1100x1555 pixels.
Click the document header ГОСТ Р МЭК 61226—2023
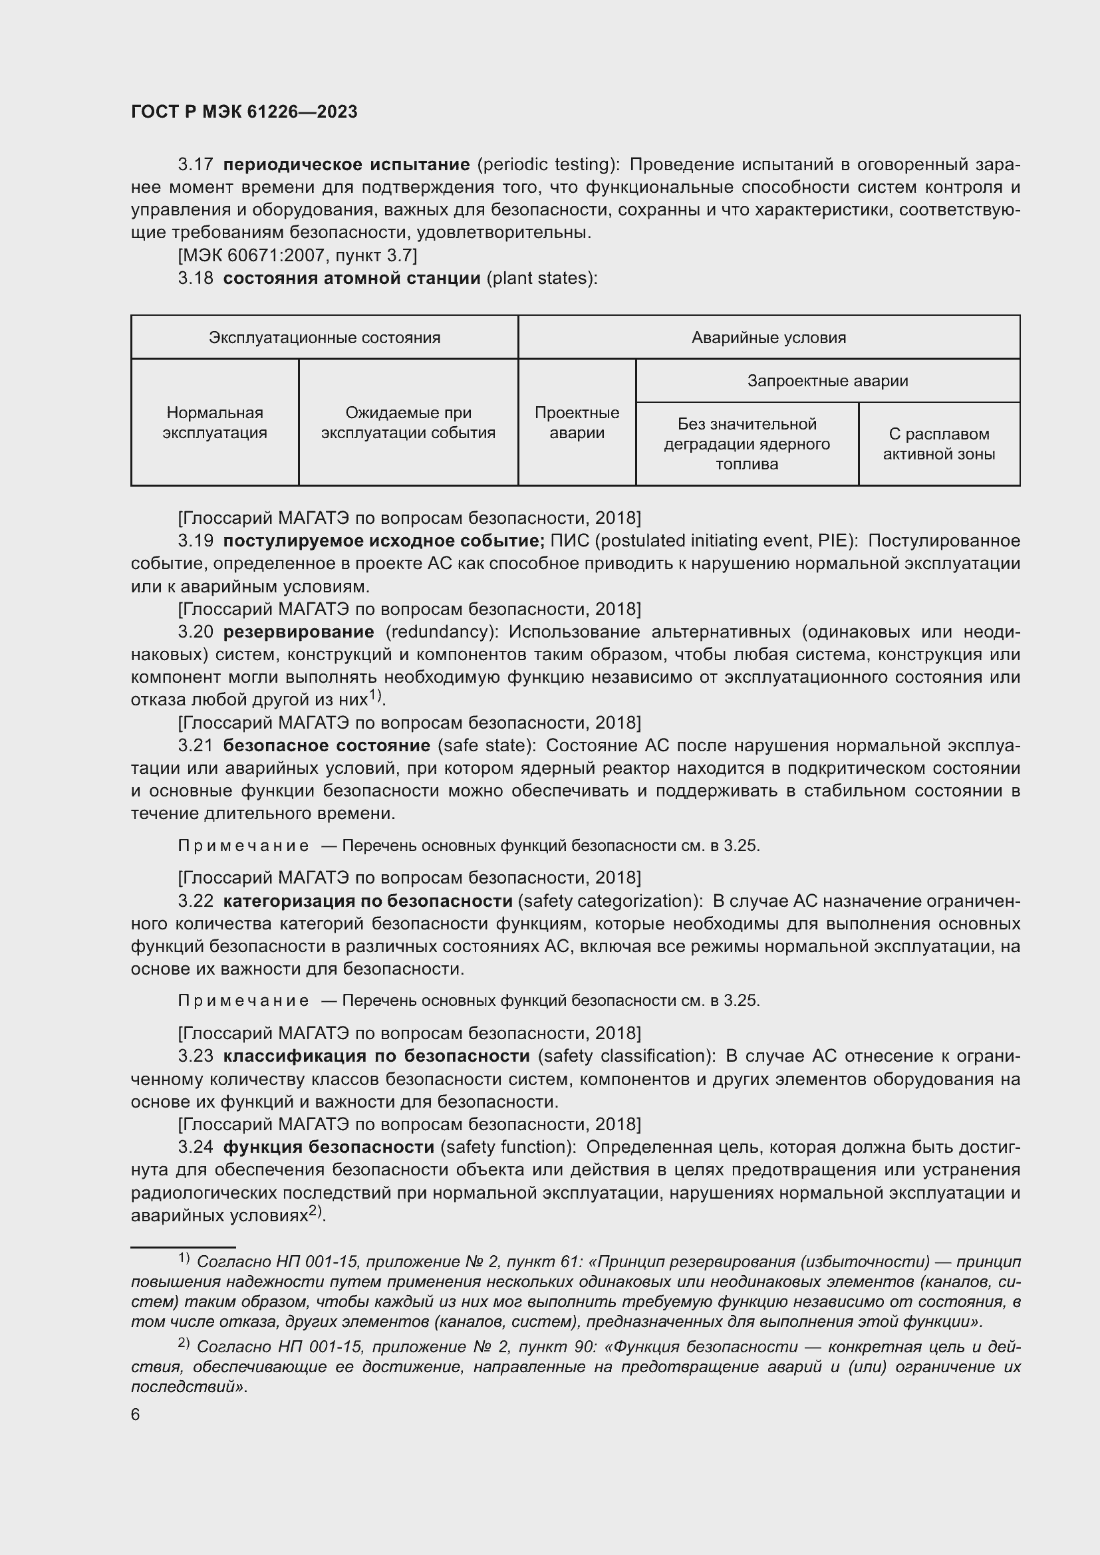coord(244,112)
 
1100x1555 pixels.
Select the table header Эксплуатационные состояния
coord(325,337)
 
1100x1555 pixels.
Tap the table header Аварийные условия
coord(768,337)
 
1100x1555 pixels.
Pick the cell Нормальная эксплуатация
coord(215,423)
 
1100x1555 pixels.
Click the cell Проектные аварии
coord(577,423)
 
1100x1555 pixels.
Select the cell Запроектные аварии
coord(827,381)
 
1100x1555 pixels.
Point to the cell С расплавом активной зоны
coord(938,444)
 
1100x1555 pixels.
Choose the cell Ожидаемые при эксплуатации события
coord(408,423)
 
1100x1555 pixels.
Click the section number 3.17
coord(195,165)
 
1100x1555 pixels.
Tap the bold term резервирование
coord(298,632)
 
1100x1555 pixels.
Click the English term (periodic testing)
coord(547,165)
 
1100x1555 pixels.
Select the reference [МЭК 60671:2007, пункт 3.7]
coord(297,255)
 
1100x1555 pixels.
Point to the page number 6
coord(136,1415)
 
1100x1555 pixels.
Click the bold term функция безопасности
coord(329,1147)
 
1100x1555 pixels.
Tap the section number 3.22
coord(195,901)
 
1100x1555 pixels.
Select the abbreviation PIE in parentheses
coord(833,541)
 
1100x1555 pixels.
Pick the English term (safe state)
coord(486,746)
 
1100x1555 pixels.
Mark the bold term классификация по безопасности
coord(376,1056)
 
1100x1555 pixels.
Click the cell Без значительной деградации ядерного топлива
coord(746,444)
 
